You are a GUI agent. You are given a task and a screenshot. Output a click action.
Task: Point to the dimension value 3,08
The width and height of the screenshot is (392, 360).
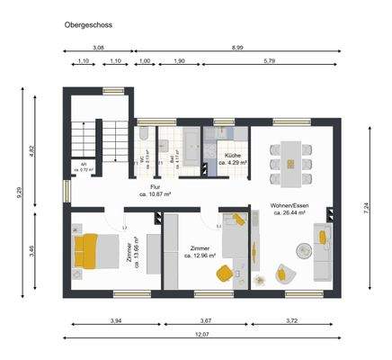[x=99, y=46]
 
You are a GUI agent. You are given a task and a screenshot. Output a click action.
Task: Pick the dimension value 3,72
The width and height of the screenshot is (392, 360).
[x=295, y=319]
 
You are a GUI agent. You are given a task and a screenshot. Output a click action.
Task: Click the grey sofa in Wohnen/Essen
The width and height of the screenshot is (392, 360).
[x=322, y=253]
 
